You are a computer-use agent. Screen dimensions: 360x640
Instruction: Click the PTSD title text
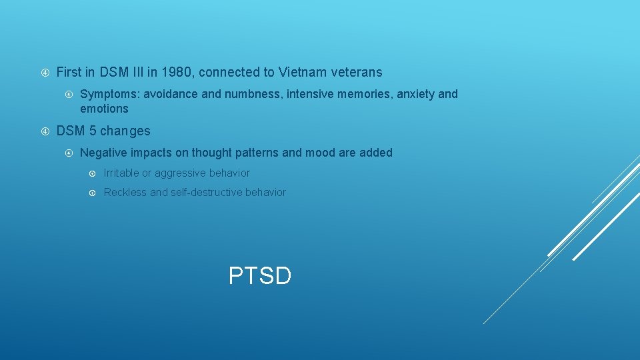[260, 275]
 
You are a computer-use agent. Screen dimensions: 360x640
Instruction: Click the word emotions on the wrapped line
[104, 109]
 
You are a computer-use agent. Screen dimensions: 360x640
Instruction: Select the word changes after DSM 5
[125, 131]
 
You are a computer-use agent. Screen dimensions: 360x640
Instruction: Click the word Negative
[102, 153]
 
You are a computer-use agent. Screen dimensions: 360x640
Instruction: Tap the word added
[376, 153]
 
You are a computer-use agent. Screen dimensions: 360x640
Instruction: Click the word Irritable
[121, 173]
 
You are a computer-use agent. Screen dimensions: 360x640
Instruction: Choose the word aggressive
[181, 173]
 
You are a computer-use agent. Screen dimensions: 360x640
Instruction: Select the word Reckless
[125, 193]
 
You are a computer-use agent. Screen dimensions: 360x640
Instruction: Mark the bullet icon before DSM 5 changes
[45, 131]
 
